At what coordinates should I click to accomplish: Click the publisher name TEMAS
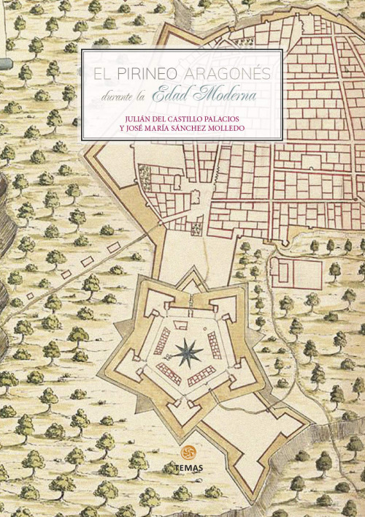point(191,466)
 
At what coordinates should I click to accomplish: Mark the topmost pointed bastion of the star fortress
point(191,274)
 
